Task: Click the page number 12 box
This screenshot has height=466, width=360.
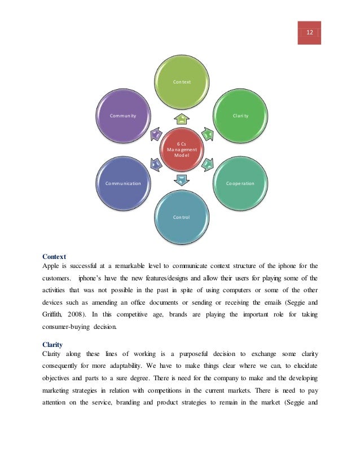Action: point(310,33)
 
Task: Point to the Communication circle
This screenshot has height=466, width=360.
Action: point(123,183)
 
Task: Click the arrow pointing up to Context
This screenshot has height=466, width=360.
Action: point(182,118)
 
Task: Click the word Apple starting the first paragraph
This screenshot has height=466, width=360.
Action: point(51,266)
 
